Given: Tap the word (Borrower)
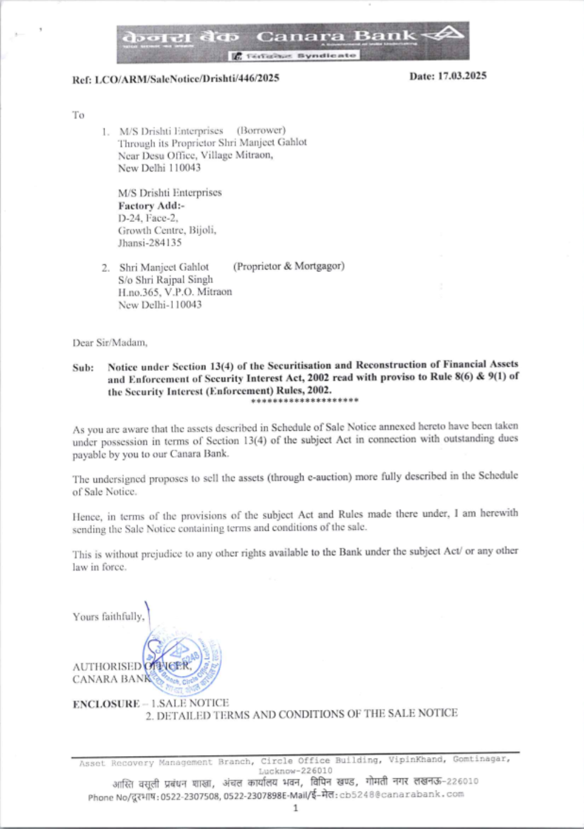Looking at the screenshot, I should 261,130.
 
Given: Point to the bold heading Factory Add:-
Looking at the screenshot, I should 151,205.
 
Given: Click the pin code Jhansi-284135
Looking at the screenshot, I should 150,242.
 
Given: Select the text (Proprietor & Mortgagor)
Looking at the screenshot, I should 288,266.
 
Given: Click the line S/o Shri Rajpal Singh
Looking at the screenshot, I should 165,280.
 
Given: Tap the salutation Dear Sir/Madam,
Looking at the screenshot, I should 110,343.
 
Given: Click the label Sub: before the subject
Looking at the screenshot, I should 83,368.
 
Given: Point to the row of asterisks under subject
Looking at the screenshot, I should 304,401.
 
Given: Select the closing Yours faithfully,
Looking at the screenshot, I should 109,616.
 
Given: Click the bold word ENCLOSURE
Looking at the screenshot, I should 106,704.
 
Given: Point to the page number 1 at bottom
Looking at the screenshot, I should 296,808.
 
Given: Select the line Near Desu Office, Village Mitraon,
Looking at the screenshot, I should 195,155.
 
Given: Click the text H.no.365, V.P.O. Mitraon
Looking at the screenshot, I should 175,292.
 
